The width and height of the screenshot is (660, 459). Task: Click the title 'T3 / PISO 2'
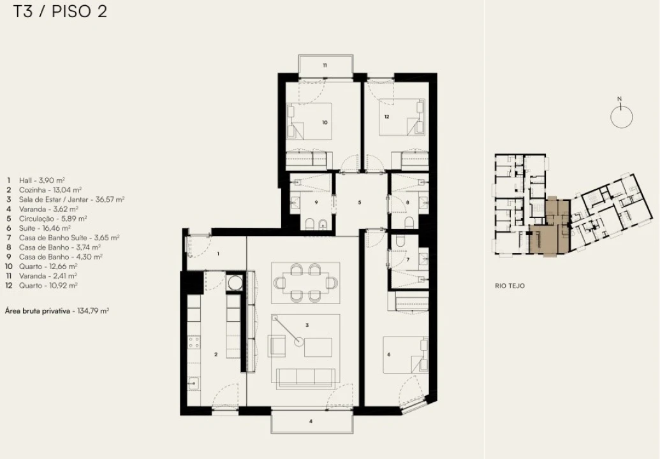point(60,11)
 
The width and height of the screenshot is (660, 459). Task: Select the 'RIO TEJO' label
point(510,286)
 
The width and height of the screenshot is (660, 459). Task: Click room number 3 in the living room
point(307,325)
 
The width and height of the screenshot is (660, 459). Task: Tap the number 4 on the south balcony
point(311,421)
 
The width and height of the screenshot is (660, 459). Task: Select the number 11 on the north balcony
point(325,65)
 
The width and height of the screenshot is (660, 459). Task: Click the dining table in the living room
point(305,282)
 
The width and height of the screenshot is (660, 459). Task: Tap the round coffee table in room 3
point(299,342)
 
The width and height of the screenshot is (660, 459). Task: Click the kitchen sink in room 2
point(194,384)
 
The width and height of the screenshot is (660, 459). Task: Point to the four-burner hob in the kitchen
point(194,342)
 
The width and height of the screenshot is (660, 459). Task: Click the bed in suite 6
point(406,354)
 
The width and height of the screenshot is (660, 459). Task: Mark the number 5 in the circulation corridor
point(360,202)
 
